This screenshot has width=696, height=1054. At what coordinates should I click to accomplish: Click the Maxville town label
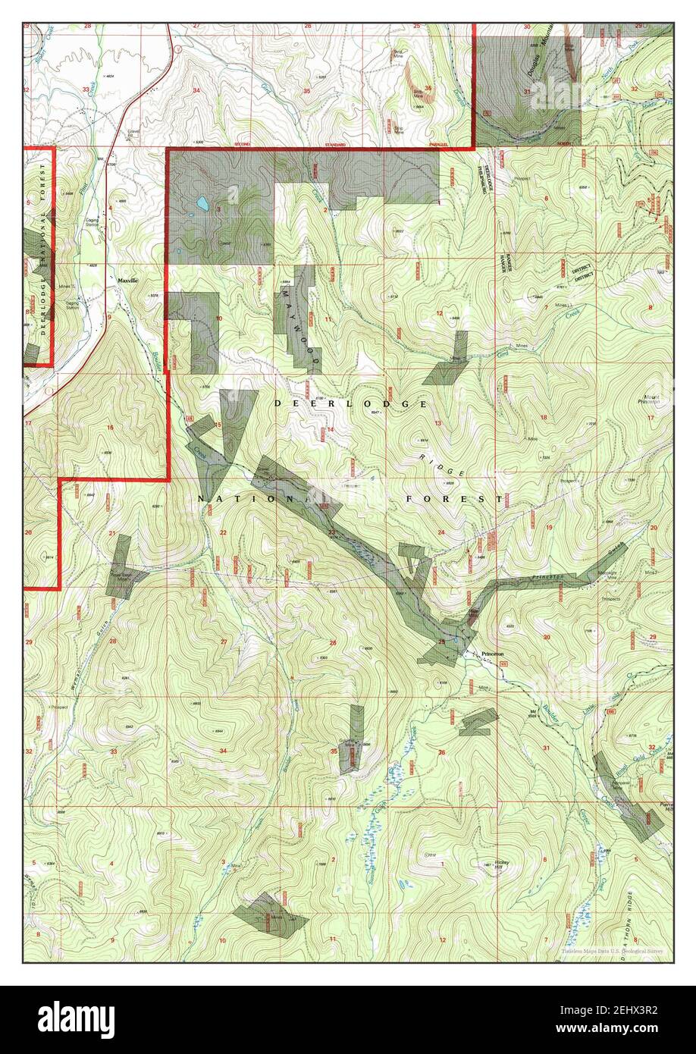click(x=128, y=281)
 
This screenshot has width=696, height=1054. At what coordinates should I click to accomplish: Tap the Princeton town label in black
click(x=492, y=654)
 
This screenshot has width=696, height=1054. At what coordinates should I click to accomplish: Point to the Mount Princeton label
click(x=648, y=397)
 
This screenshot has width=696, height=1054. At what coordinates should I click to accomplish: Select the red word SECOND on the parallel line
click(x=242, y=144)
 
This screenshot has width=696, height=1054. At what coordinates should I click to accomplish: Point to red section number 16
click(x=110, y=428)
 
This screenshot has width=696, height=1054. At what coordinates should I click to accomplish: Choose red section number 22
click(x=223, y=533)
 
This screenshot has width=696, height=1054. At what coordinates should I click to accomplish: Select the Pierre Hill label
click(x=665, y=809)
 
